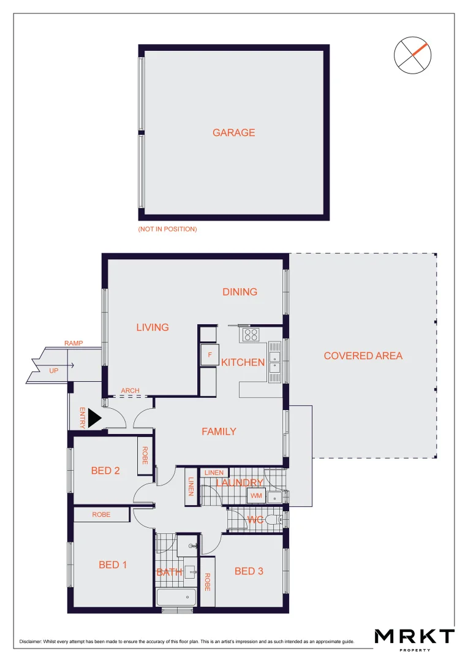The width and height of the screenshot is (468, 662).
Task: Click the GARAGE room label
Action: (x=233, y=132)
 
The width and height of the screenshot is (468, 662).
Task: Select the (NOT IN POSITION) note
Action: (x=167, y=229)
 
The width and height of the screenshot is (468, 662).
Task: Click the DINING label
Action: (x=240, y=292)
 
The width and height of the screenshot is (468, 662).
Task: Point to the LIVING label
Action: (x=153, y=327)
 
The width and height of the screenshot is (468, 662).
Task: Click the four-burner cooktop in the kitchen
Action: (x=251, y=335)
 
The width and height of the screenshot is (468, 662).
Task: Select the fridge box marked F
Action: (x=209, y=355)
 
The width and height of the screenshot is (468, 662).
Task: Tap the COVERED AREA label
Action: (x=363, y=356)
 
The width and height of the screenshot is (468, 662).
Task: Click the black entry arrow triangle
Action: (x=94, y=419)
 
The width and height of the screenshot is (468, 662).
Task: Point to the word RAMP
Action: (x=74, y=343)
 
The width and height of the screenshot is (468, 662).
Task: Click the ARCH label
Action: (x=130, y=390)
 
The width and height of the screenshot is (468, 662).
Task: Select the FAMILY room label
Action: (x=219, y=432)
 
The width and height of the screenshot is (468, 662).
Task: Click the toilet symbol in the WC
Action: (x=280, y=520)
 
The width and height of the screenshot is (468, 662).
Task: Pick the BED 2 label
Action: (x=105, y=471)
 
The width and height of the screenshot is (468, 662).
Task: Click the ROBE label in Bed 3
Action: (x=208, y=581)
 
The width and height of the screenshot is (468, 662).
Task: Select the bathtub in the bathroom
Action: (x=176, y=597)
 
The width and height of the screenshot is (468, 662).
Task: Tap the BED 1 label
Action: (x=113, y=565)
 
